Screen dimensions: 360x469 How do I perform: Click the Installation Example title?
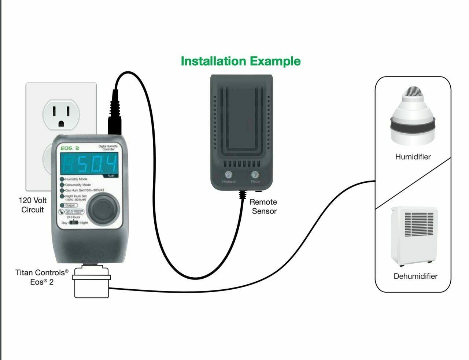(x=240, y=61)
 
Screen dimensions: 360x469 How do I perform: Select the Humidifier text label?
(x=413, y=157)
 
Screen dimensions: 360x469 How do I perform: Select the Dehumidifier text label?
(x=415, y=276)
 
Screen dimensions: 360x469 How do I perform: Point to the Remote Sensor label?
(x=263, y=207)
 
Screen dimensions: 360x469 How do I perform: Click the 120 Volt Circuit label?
(x=32, y=205)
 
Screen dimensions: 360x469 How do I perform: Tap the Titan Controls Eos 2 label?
(x=42, y=277)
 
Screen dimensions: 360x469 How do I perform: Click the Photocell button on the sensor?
(x=229, y=175)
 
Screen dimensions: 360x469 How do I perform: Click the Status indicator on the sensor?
(x=255, y=175)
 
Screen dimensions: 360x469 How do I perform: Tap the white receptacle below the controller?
(x=91, y=282)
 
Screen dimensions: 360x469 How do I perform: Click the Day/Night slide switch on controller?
(x=75, y=223)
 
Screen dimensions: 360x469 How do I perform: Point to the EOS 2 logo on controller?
(x=70, y=148)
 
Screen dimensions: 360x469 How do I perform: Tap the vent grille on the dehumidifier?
(x=419, y=224)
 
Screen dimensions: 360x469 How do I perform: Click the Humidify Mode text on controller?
(x=76, y=179)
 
